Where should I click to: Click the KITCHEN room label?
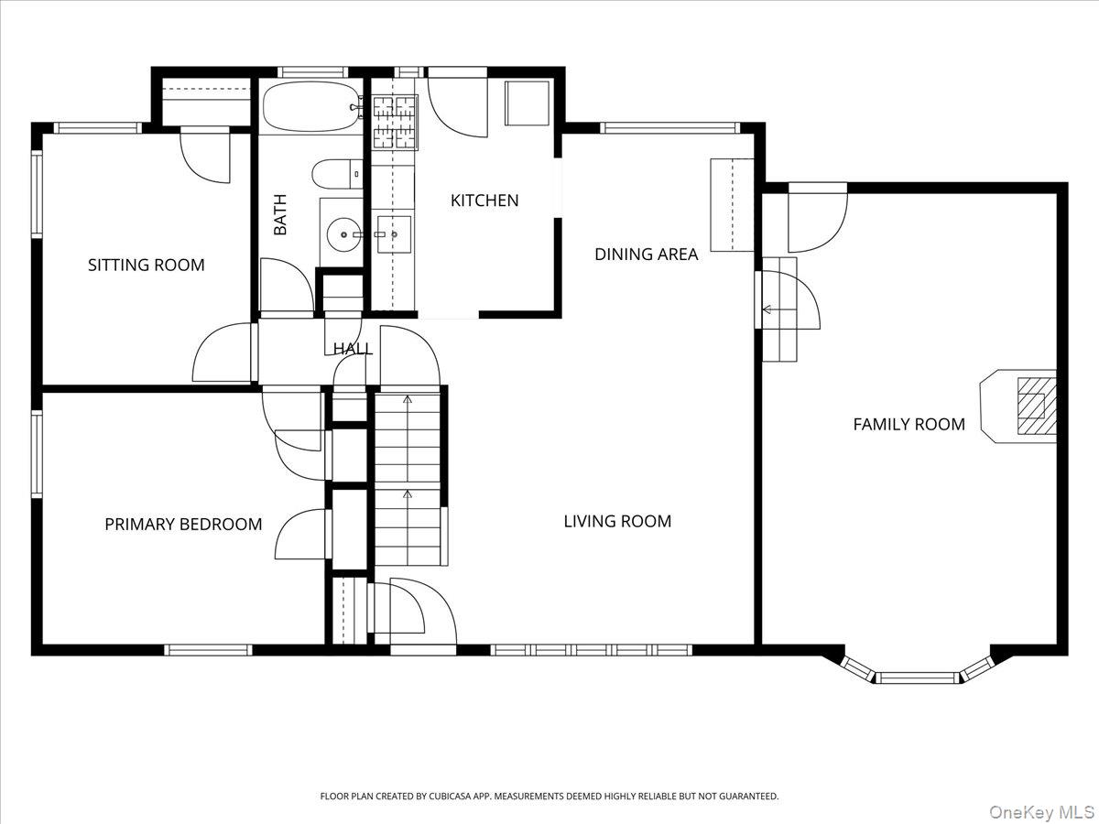pyautogui.click(x=484, y=201)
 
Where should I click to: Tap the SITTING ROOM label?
pyautogui.click(x=147, y=265)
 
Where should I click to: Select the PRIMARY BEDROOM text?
pyautogui.click(x=183, y=525)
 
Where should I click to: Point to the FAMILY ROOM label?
pyautogui.click(x=909, y=424)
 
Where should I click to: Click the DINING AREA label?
pyautogui.click(x=646, y=255)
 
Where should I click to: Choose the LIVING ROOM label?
pyautogui.click(x=617, y=521)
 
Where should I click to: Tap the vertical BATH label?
pyautogui.click(x=280, y=214)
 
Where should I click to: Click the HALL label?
pyautogui.click(x=353, y=349)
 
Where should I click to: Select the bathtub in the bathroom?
pyautogui.click(x=311, y=107)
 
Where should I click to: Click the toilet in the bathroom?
pyautogui.click(x=337, y=174)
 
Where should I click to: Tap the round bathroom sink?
pyautogui.click(x=343, y=234)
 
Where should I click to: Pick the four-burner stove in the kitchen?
pyautogui.click(x=396, y=123)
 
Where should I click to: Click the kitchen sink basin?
pyautogui.click(x=394, y=234)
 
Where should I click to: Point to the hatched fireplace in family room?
pyautogui.click(x=1037, y=406)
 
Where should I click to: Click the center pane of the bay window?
pyautogui.click(x=918, y=678)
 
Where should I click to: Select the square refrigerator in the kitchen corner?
pyautogui.click(x=528, y=103)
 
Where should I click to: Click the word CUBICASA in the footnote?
pyautogui.click(x=450, y=796)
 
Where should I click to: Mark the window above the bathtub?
pyautogui.click(x=312, y=72)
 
